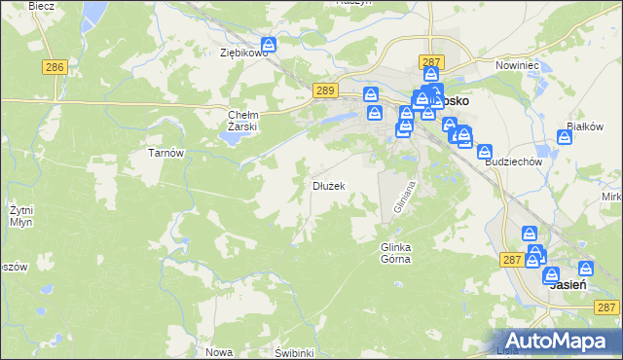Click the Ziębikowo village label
pyautogui.click(x=242, y=54)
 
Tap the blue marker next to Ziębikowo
pyautogui.click(x=270, y=45)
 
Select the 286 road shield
pyautogui.click(x=55, y=67)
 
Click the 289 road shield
pyautogui.click(x=326, y=90)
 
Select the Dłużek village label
pyautogui.click(x=328, y=185)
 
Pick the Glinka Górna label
pyautogui.click(x=395, y=253)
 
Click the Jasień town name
pyautogui.click(x=567, y=286)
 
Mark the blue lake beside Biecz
pyautogui.click(x=94, y=13)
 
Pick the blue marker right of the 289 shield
pyautogui.click(x=371, y=95)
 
